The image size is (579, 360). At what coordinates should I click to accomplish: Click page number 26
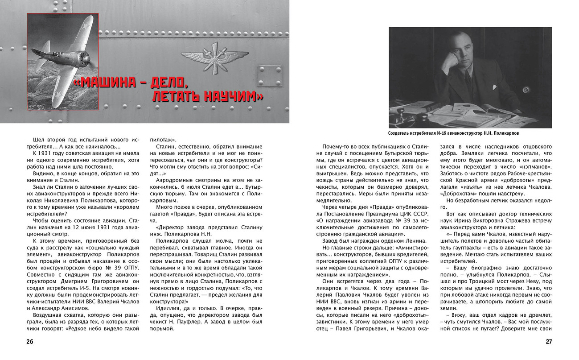point(29,342)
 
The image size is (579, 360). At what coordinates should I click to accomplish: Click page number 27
point(549,342)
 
